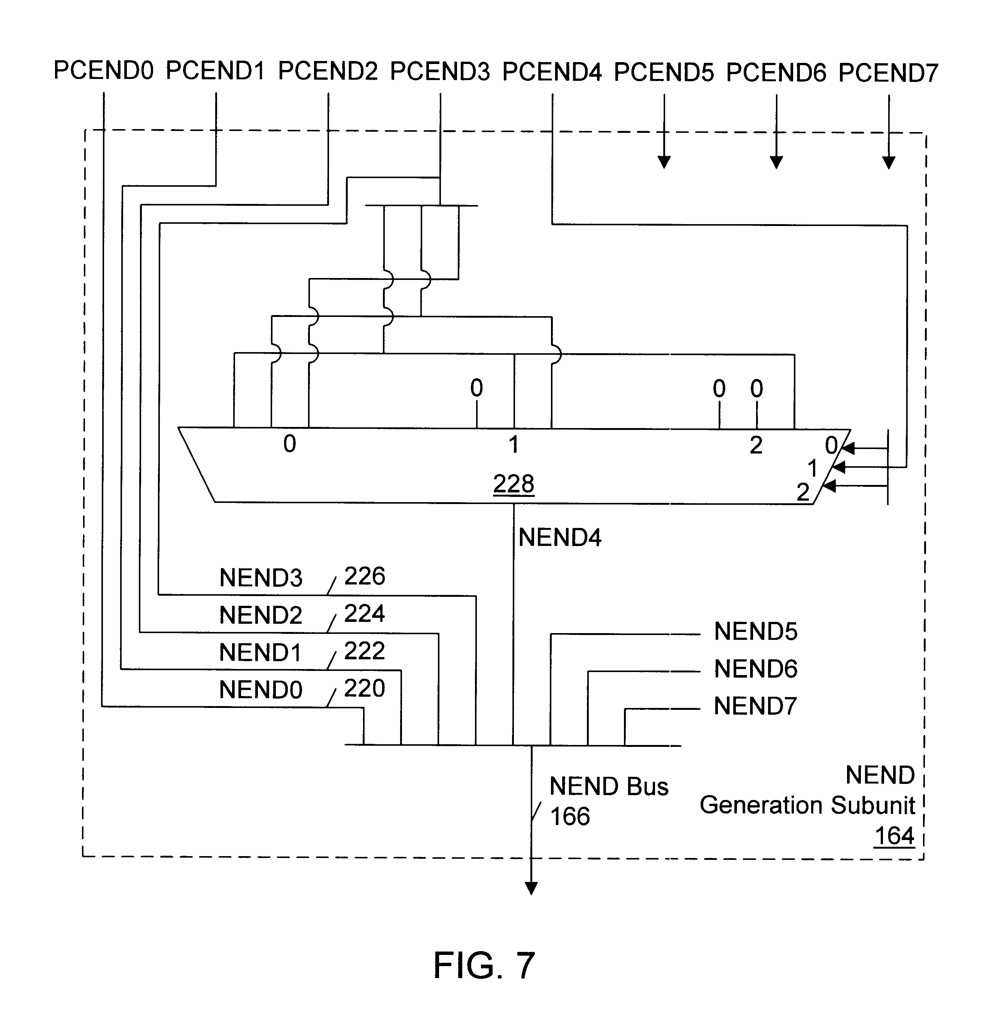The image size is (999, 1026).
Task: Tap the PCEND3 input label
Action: pos(440,71)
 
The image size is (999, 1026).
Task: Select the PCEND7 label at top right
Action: pos(888,73)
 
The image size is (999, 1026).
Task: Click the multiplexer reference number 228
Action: pos(514,483)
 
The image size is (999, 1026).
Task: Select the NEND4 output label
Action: pos(560,538)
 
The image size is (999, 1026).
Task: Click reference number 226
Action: pos(365,576)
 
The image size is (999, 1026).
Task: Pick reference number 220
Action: pos(365,688)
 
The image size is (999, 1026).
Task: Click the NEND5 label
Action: pos(756,632)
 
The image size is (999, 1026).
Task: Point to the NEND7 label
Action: pos(756,706)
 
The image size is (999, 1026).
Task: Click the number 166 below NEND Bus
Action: pos(570,816)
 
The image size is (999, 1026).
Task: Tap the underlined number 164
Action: pos(894,836)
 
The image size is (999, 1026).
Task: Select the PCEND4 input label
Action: pos(552,72)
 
